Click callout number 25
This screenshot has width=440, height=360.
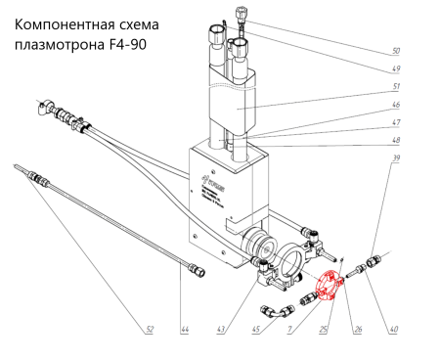pos(325,329)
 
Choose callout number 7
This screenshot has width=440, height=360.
pos(289,329)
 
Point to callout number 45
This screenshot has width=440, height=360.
pos(256,329)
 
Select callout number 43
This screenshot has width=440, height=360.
pos(222,329)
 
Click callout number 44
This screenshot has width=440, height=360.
pos(184,329)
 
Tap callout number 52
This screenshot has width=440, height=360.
pos(149,329)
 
